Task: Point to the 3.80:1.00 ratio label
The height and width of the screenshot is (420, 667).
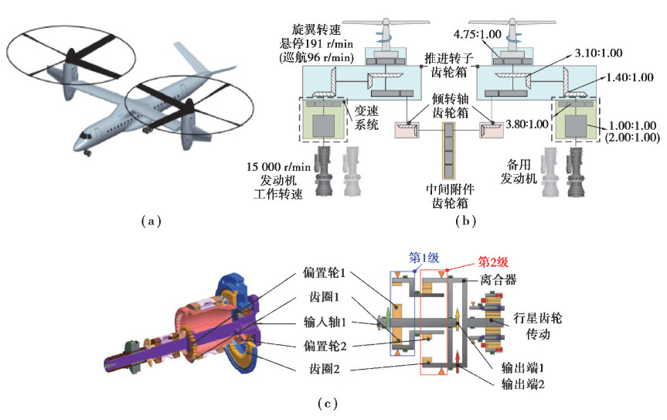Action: click(x=530, y=123)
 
